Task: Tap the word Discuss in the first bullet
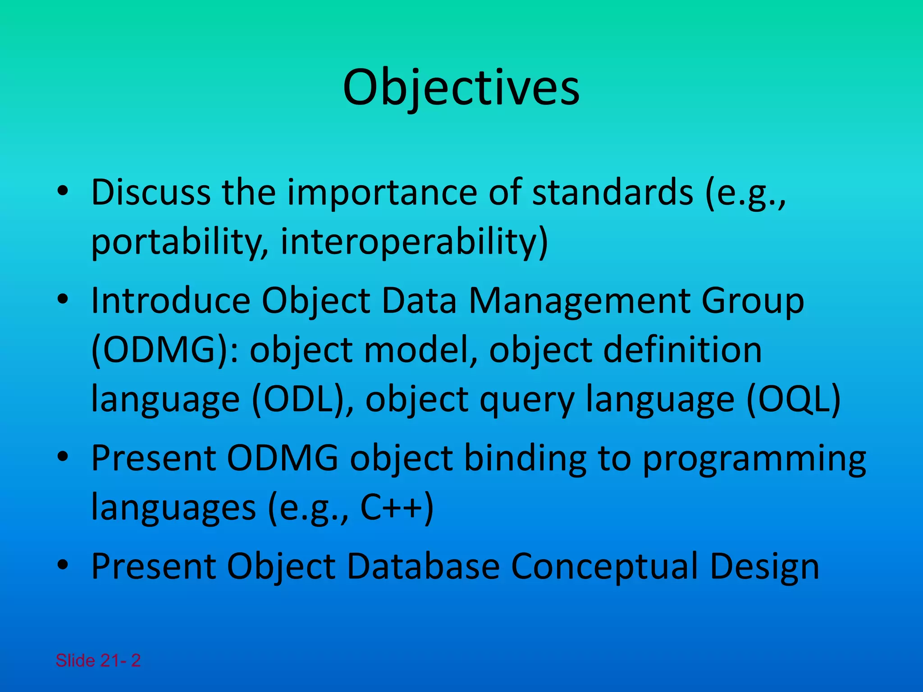pos(151,193)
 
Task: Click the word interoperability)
pos(414,242)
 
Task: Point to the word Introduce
pos(170,300)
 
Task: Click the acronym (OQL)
pos(794,399)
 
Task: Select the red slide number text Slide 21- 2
pos(98,660)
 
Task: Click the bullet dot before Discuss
pos(63,193)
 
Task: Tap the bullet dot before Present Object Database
pos(63,566)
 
